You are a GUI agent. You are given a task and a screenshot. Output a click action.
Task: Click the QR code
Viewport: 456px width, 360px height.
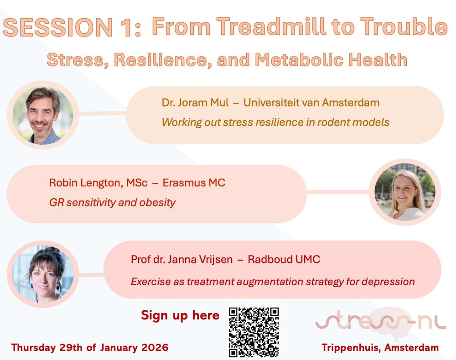tap(254, 332)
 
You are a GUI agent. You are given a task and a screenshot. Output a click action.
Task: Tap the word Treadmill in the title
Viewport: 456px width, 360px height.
tap(272, 27)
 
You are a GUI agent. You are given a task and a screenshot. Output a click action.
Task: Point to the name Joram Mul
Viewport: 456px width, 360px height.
tap(203, 103)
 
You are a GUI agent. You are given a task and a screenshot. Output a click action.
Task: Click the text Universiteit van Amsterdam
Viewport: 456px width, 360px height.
tap(311, 103)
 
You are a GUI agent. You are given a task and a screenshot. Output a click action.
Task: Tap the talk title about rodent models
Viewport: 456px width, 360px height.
tap(275, 122)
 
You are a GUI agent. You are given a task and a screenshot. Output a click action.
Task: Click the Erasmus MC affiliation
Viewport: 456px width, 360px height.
tap(194, 183)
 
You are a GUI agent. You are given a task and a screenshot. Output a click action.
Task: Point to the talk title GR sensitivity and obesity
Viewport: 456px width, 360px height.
tap(112, 202)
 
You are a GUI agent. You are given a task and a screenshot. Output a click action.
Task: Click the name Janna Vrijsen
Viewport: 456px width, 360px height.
tap(200, 259)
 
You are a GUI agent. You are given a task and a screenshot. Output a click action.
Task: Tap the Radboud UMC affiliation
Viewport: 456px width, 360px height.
tap(284, 259)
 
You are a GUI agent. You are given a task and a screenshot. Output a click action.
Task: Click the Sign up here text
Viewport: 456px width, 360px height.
tap(180, 315)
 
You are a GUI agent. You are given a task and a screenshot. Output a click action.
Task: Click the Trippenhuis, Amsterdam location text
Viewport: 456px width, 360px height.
tap(380, 348)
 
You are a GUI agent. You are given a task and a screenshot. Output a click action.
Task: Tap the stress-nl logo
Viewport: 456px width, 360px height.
tap(381, 322)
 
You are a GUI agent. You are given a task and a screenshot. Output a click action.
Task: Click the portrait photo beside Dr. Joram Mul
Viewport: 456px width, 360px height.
tap(43, 115)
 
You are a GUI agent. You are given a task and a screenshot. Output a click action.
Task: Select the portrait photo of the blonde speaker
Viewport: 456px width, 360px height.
tap(405, 192)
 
